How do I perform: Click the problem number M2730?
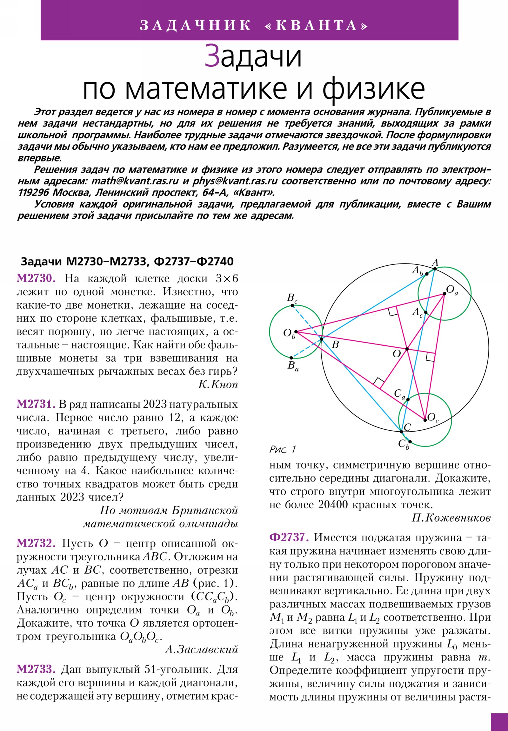coord(36,279)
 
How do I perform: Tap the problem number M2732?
coord(36,543)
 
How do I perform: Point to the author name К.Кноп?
coord(218,385)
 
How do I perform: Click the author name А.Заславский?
coord(201,650)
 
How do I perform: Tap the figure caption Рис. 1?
coord(283,449)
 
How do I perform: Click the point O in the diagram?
coord(407,349)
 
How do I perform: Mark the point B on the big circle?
coord(321,339)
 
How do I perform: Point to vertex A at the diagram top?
coord(435,269)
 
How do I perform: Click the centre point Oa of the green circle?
coord(444,294)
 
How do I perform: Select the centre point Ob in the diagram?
coord(296,332)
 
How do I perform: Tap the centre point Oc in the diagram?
coord(425,420)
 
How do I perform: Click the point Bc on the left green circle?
coord(292,306)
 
